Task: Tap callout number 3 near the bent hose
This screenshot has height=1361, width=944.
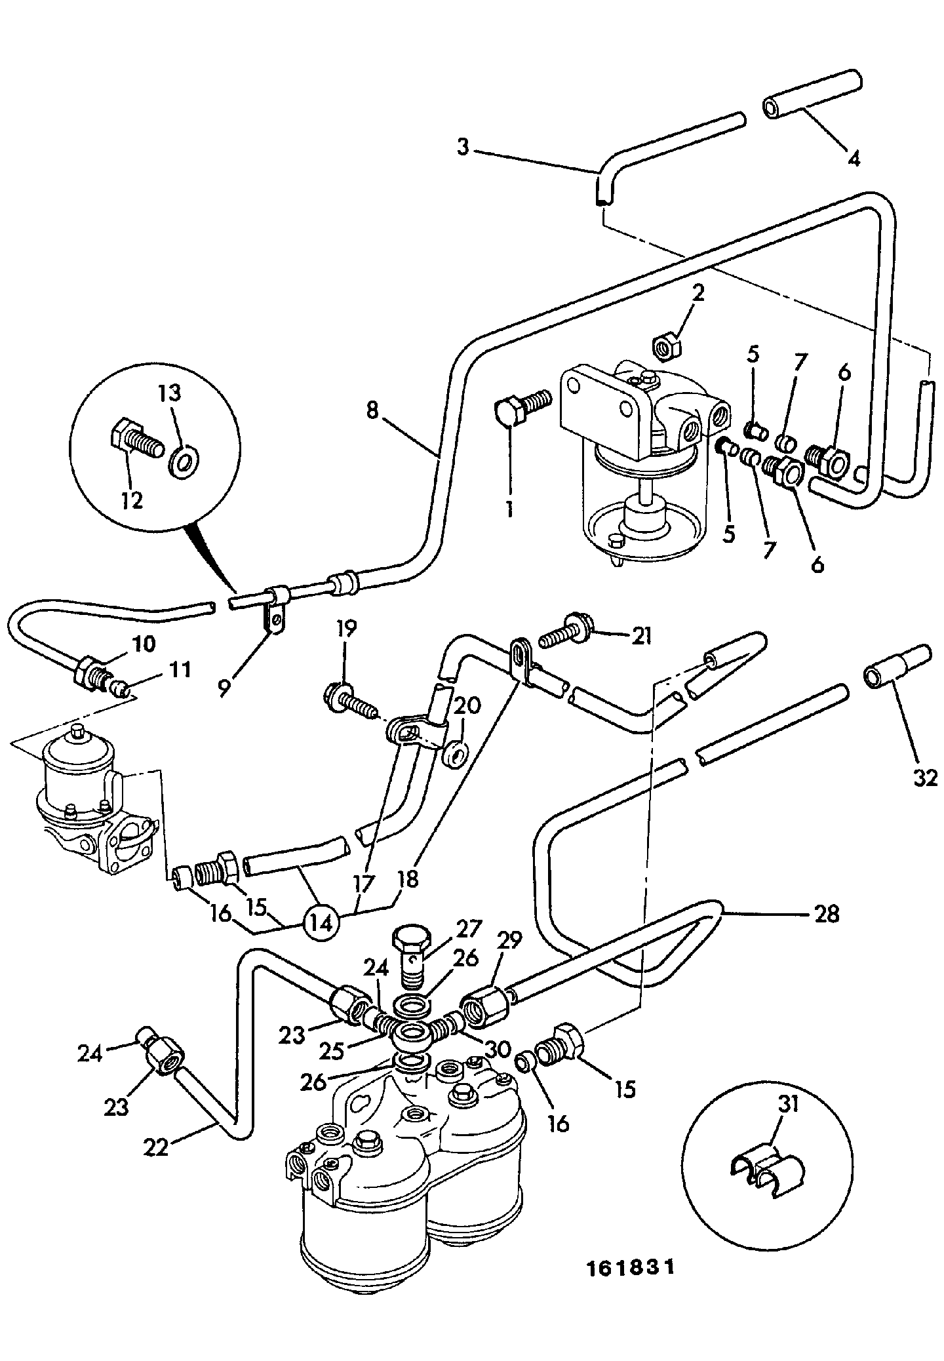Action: [x=463, y=148]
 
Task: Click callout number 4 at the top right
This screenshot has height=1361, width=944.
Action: [x=853, y=158]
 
